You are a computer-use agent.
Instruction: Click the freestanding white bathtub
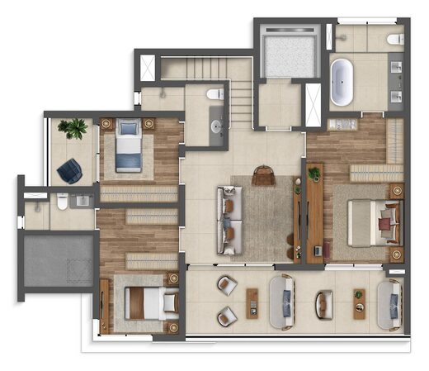tap(342, 82)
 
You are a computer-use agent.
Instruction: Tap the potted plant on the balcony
tap(73, 128)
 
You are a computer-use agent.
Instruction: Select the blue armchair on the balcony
tap(69, 170)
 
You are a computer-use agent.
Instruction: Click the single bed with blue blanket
tap(129, 148)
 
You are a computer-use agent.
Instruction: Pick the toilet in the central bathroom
tap(216, 95)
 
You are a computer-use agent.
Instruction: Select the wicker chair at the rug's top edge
tap(262, 174)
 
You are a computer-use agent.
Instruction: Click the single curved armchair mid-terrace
tap(323, 302)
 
